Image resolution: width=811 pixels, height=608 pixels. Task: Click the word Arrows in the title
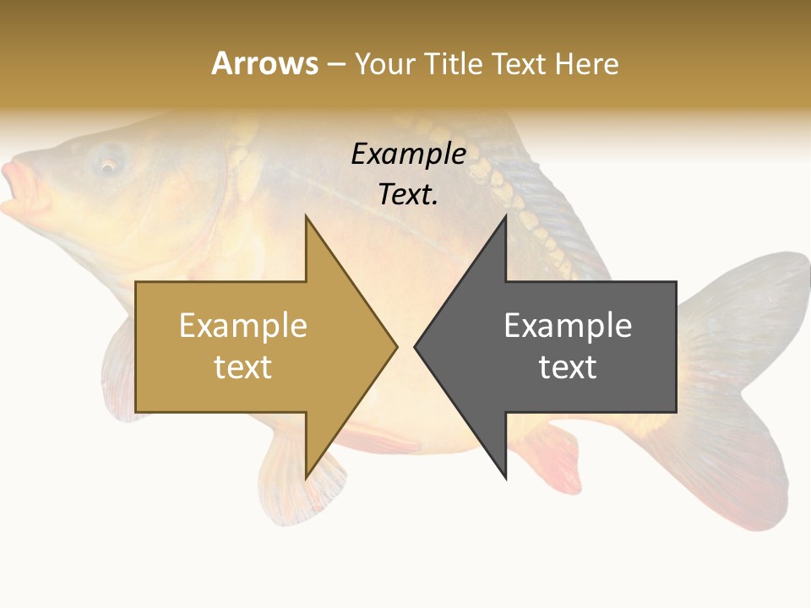(264, 63)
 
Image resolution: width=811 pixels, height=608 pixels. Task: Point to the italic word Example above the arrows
(408, 155)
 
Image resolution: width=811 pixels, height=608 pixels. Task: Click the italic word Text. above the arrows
(408, 195)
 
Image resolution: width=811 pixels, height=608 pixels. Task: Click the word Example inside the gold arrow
(243, 326)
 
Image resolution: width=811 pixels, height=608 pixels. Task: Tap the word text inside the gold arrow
(243, 367)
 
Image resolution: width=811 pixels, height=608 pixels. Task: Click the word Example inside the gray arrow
(568, 326)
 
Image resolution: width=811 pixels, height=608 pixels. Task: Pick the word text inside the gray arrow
(568, 367)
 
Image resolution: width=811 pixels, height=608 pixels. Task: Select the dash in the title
(335, 64)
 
